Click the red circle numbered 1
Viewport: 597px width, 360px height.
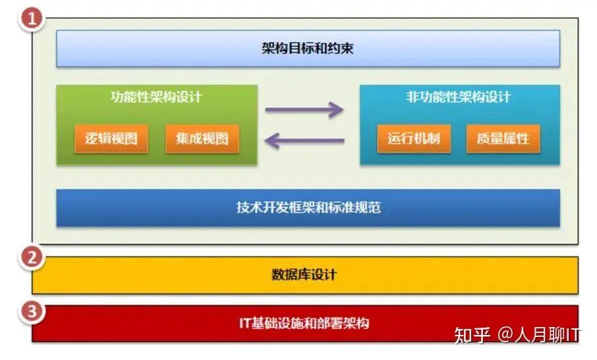tap(30, 18)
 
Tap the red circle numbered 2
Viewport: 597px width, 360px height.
tap(30, 257)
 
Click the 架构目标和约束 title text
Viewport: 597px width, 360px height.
tap(307, 48)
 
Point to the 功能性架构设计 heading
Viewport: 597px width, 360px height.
tap(156, 98)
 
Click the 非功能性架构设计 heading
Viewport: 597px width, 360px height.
tap(459, 98)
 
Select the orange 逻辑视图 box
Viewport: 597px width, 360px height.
tap(111, 139)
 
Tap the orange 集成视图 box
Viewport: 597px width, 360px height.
tap(202, 139)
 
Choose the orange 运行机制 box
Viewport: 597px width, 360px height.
tap(414, 139)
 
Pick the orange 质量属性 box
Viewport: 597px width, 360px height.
tap(503, 139)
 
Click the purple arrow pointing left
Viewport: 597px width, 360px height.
tap(304, 140)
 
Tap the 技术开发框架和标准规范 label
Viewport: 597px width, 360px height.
tap(308, 208)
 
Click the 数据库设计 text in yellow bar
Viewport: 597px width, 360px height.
tap(304, 274)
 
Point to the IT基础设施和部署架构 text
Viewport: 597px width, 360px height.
tap(304, 323)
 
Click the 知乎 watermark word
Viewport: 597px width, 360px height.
tap(472, 335)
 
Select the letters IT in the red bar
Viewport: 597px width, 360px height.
tap(246, 323)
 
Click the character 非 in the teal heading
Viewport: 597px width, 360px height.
tap(413, 98)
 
